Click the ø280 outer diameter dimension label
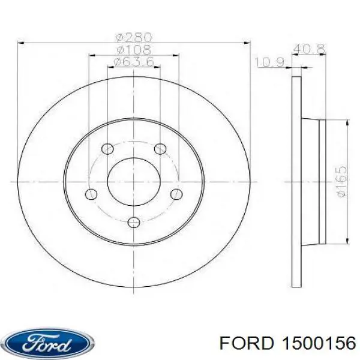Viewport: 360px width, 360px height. pos(134,37)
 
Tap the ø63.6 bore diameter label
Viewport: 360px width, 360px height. pos(134,61)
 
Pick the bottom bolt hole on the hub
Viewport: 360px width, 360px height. pos(134,223)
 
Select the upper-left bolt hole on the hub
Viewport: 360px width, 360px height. pos(108,148)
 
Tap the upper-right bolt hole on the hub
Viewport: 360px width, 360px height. pos(159,148)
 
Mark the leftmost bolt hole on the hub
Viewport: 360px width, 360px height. pos(91,194)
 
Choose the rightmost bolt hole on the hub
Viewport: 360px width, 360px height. pos(176,194)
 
